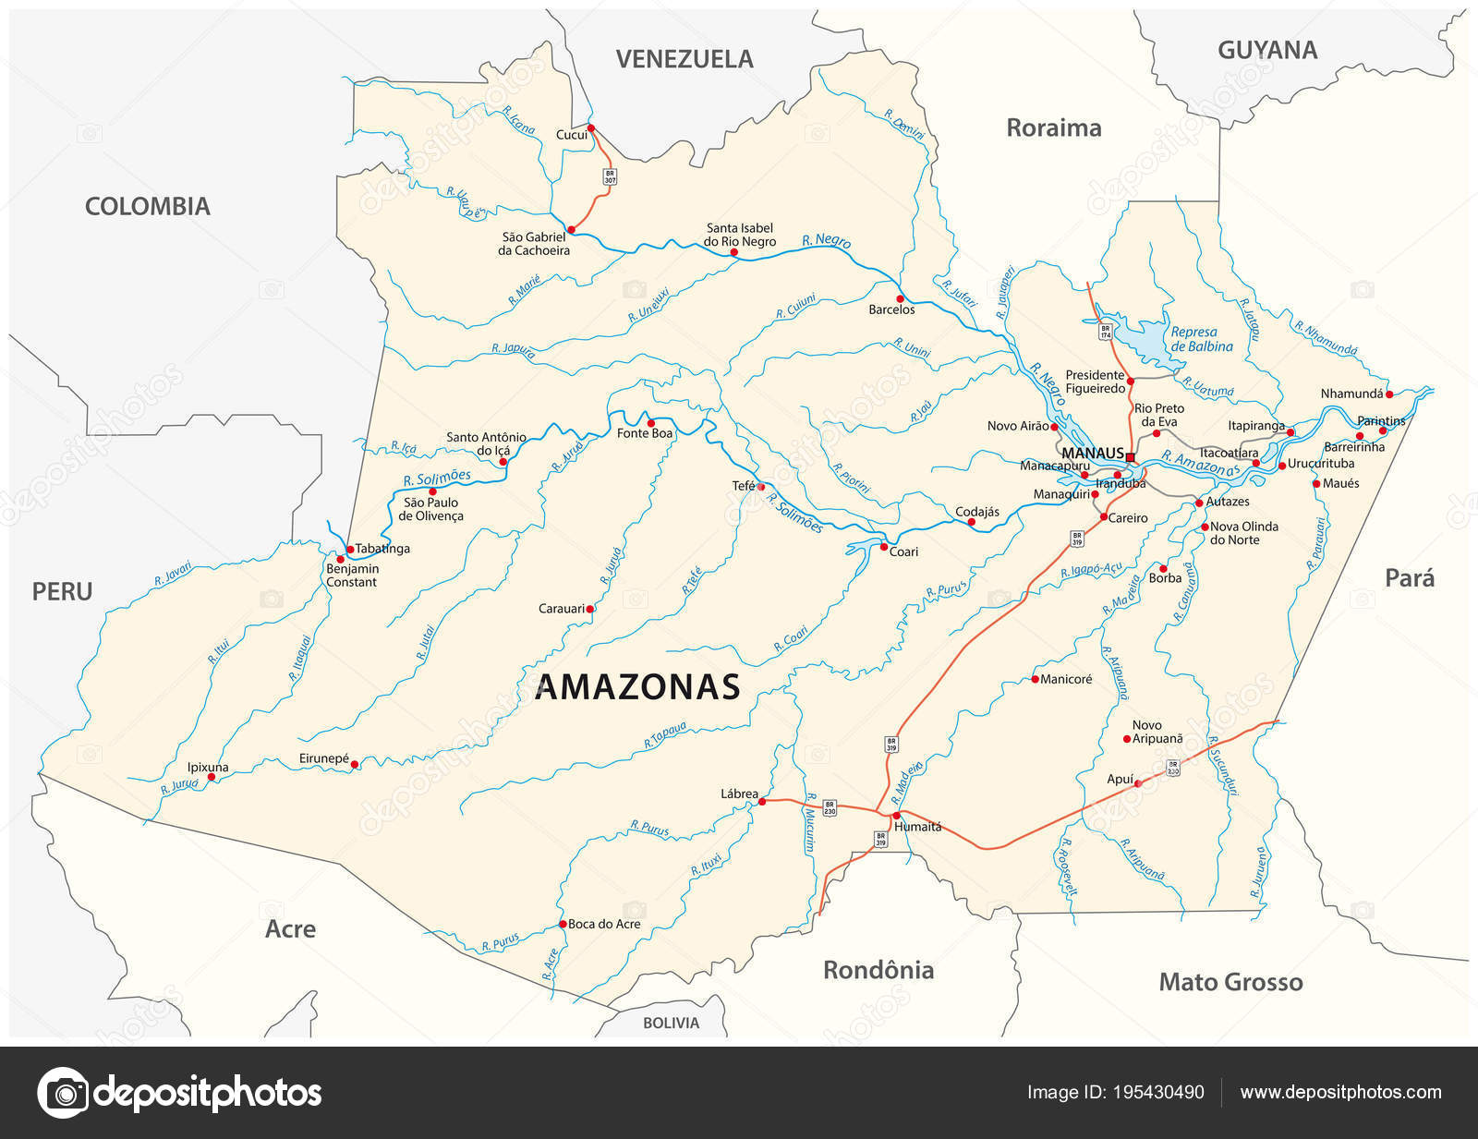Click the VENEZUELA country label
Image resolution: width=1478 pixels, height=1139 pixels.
click(x=684, y=59)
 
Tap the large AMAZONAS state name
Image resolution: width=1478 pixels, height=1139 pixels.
click(x=637, y=687)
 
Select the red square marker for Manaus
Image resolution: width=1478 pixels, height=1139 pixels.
click(x=1130, y=456)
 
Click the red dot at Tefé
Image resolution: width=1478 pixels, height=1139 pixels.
click(x=762, y=486)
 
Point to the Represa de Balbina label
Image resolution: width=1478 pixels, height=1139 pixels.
click(x=1201, y=339)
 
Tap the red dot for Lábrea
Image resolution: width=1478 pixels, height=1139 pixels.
click(x=762, y=802)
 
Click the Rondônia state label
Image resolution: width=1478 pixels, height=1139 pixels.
click(x=878, y=970)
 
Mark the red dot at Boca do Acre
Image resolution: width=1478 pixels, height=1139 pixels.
click(x=562, y=924)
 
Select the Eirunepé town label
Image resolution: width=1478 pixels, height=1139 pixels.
click(x=323, y=758)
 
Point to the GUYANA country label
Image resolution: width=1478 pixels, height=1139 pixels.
click(x=1266, y=50)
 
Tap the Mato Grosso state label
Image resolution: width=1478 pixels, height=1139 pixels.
click(x=1230, y=982)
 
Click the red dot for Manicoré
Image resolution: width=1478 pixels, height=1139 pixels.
click(x=1035, y=679)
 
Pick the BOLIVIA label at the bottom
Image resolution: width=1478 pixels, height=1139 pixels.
click(x=671, y=1023)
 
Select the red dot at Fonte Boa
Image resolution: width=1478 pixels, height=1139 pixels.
click(x=650, y=422)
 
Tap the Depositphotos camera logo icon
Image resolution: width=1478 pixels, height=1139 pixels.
click(x=63, y=1093)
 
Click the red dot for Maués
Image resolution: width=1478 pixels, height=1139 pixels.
click(x=1316, y=483)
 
